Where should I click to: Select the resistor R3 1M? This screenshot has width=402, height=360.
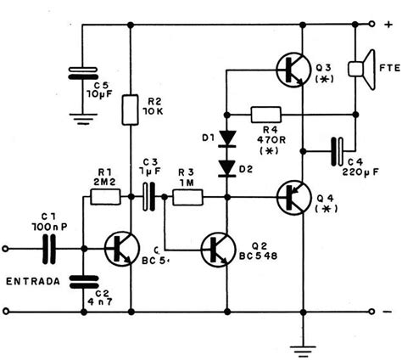click(187, 197)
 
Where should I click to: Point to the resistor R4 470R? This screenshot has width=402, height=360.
click(265, 114)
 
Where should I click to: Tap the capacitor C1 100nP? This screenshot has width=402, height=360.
click(49, 249)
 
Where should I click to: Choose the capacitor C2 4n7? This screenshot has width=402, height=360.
click(82, 282)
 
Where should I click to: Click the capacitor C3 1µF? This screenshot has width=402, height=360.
click(150, 196)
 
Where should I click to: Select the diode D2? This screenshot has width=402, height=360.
click(226, 166)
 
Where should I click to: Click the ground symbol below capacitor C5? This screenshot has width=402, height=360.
click(81, 119)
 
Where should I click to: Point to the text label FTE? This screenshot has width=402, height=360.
click(389, 68)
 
